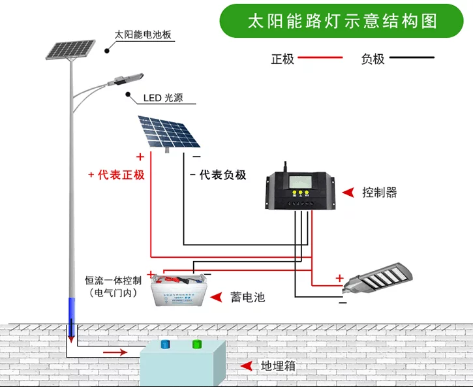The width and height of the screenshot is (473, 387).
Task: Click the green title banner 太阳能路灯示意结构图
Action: pyautogui.click(x=343, y=21)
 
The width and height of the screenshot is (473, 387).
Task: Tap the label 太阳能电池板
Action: pyautogui.click(x=143, y=35)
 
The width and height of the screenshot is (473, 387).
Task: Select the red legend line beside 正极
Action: pyautogui.click(x=320, y=58)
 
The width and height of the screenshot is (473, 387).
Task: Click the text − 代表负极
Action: pyautogui.click(x=218, y=175)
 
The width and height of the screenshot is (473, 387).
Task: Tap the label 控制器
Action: pyautogui.click(x=380, y=193)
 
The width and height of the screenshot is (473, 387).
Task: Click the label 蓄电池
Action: pyautogui.click(x=248, y=297)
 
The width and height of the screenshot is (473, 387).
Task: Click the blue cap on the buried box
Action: pyautogui.click(x=164, y=344)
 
